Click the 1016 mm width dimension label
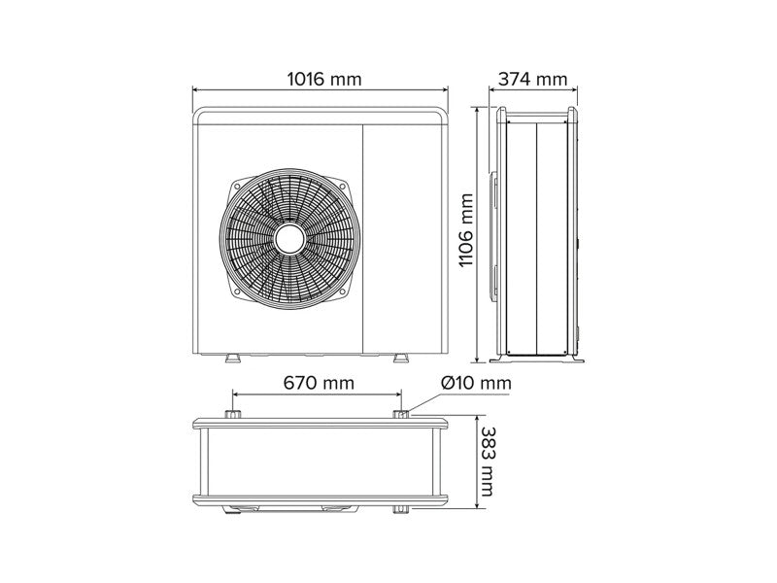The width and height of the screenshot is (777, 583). point(324,79)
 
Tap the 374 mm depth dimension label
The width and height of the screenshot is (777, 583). point(532,79)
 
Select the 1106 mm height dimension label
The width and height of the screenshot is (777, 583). point(466,230)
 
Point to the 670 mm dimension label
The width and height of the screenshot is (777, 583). point(319,383)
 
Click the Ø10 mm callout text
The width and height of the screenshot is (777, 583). point(476,383)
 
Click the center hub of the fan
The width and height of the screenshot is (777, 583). point(289,240)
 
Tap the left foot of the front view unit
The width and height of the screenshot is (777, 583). point(232,358)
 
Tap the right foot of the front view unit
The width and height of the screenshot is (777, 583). point(401,358)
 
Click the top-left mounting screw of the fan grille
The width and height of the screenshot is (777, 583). point(237,186)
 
